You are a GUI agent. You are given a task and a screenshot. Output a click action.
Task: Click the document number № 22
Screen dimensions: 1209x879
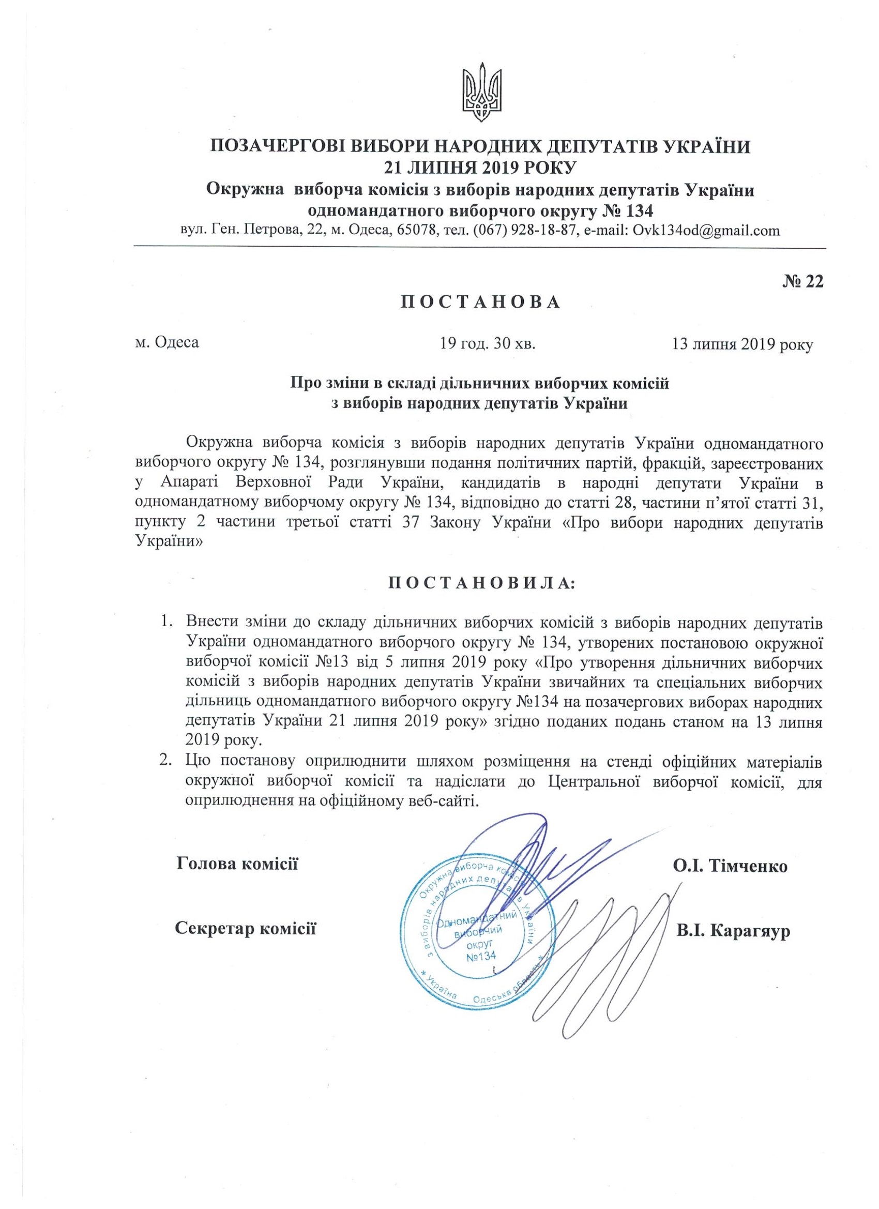coord(803,281)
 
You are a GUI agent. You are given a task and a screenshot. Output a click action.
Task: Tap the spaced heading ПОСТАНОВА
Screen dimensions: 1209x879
coord(480,302)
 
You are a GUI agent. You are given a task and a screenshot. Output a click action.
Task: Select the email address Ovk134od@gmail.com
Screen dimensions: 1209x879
coord(705,230)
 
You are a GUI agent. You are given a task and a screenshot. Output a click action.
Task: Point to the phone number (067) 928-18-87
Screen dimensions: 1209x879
coord(524,230)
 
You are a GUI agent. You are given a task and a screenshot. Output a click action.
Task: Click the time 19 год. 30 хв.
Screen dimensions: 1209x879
coord(487,343)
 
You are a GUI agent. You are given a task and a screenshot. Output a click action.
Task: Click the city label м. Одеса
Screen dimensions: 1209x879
coord(168,342)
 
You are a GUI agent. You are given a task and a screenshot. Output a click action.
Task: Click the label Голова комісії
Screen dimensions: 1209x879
coord(237,864)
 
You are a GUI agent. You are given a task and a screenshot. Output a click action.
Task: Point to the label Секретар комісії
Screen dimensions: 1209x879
coord(246,929)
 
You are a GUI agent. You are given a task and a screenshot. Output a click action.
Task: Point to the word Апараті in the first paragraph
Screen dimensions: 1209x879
coord(186,484)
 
